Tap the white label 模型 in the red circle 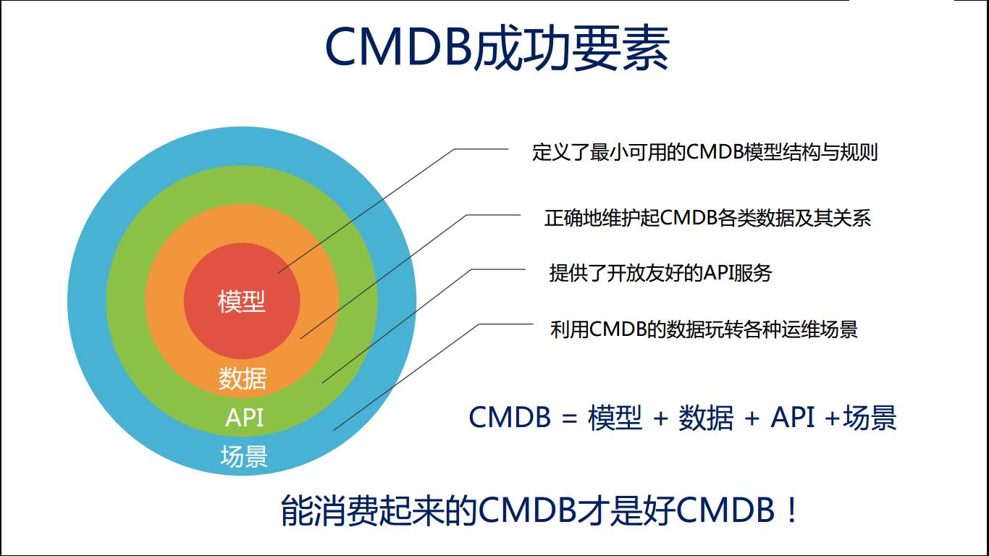point(242,301)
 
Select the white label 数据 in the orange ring point(243,379)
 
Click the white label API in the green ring point(244,418)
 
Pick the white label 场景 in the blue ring point(244,456)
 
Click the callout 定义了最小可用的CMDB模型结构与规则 point(704,152)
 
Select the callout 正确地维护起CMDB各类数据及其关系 point(707,218)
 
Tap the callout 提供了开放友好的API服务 point(660,273)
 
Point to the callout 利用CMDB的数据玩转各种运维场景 point(704,329)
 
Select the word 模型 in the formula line point(615,418)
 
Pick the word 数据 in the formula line point(706,418)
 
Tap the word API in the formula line point(793,418)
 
